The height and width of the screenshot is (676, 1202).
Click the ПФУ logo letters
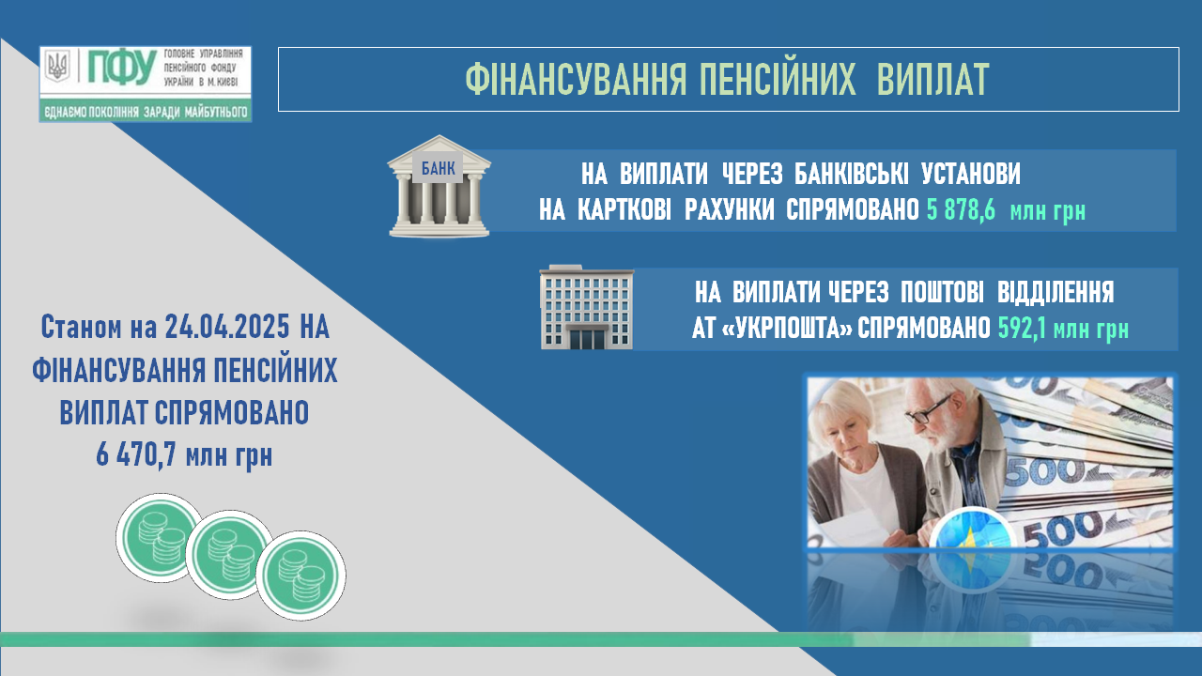122,67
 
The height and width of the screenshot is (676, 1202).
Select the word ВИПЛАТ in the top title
932,80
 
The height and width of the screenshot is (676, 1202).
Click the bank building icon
439,186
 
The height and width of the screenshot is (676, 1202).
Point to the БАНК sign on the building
438,168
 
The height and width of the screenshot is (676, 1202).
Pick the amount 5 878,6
961,210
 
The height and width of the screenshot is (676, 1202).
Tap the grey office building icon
587,307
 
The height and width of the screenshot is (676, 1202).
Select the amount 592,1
1022,329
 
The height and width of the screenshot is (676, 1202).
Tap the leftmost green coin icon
161,537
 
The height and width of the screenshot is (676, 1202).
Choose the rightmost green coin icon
301,576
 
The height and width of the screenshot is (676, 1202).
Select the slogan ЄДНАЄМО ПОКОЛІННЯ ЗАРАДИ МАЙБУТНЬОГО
146,112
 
